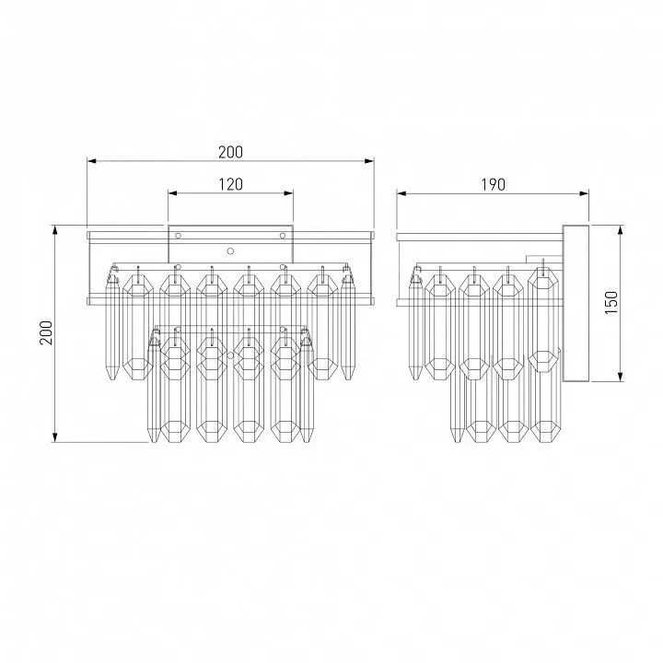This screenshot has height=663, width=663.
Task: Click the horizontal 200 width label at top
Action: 230,152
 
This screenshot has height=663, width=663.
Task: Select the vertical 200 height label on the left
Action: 46,332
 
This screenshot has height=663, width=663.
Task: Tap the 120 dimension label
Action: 230,184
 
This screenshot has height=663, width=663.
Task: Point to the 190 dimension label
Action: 493,185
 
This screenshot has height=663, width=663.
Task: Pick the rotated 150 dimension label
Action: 611,302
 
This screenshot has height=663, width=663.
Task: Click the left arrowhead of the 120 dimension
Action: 172,193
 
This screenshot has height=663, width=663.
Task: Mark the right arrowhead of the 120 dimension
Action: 288,193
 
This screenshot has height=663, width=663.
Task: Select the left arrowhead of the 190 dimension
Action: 401,193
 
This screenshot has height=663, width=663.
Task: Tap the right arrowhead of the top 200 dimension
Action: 369,161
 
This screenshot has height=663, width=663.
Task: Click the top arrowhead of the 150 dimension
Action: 621,230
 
